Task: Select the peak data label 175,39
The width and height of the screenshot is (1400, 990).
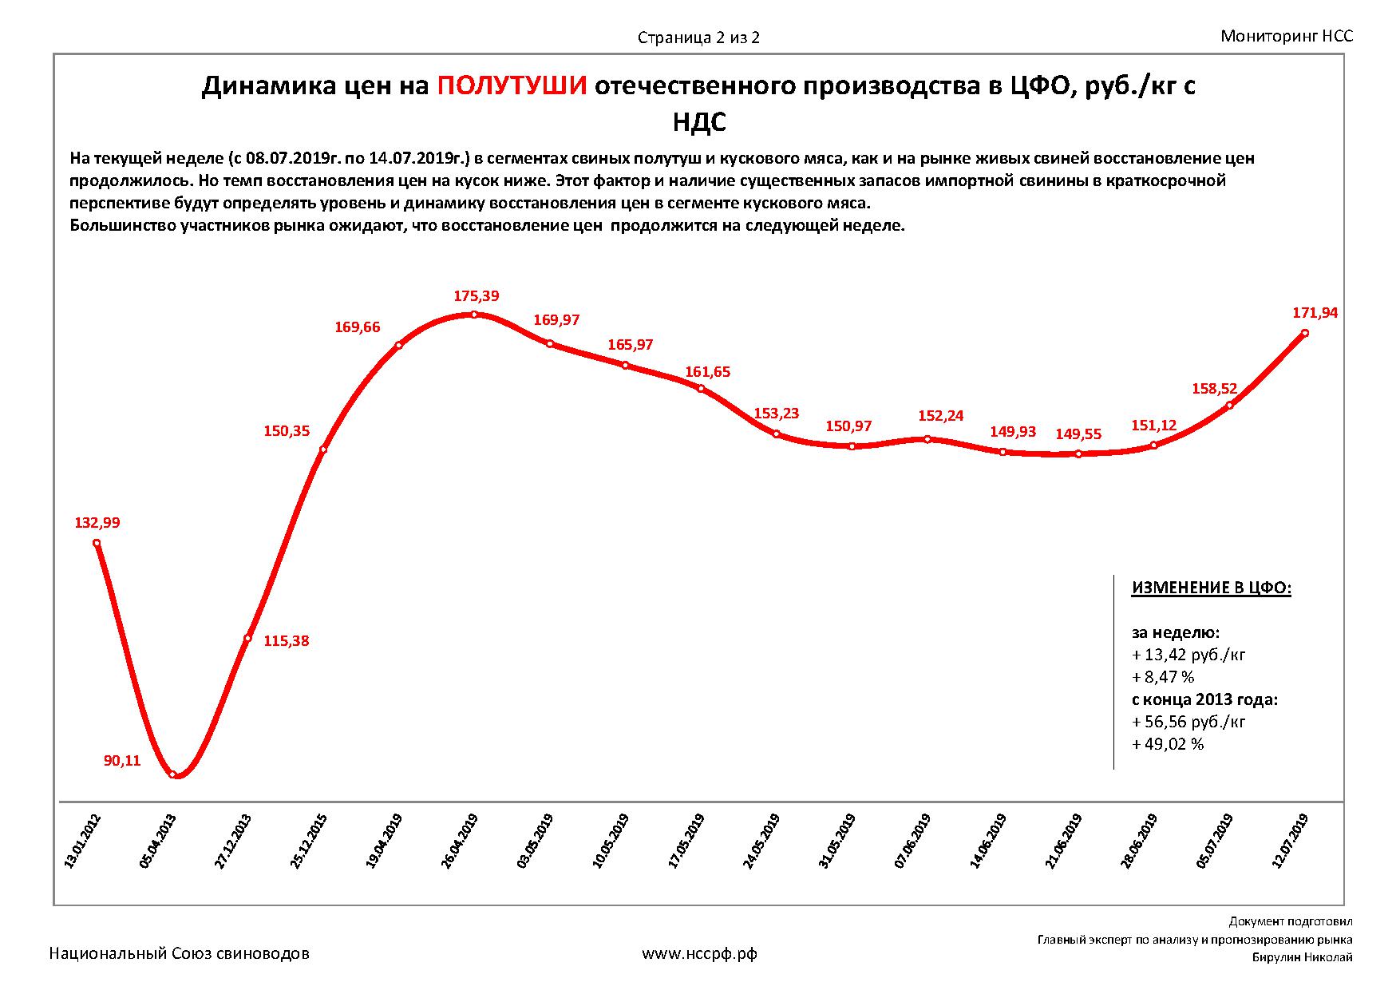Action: coord(477,296)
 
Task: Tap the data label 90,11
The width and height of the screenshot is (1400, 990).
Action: coord(122,761)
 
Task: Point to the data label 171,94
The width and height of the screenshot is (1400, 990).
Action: coord(1315,313)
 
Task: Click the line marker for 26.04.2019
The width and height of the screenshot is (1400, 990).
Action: coord(474,315)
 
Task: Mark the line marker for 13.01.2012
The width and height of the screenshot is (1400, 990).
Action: coord(97,543)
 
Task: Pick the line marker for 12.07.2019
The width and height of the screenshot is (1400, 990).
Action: coord(1305,333)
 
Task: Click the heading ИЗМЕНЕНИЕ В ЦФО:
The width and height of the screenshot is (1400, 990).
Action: coord(1211,588)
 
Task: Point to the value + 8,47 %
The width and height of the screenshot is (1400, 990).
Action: coord(1163,677)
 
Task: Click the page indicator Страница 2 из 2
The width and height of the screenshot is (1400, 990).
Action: coord(698,38)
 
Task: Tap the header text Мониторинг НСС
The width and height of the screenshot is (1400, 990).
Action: coord(1287,36)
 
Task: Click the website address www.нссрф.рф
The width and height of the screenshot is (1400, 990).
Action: coord(699,953)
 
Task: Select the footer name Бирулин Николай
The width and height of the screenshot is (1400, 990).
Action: coord(1302,957)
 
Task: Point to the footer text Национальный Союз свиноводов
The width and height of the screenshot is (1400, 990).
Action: coord(180,953)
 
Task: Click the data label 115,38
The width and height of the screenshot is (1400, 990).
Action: coord(286,641)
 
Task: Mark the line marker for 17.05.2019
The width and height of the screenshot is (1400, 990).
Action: coord(701,389)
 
